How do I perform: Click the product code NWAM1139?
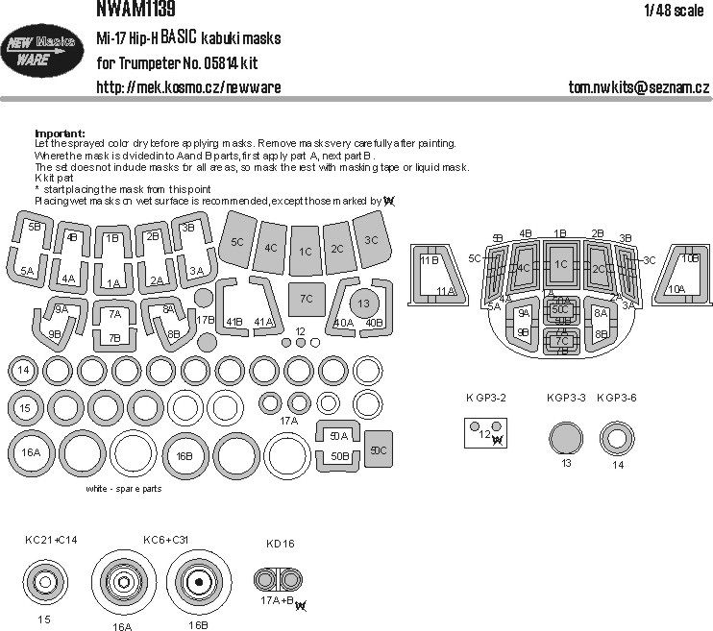point(135,9)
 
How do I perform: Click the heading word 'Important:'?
point(60,133)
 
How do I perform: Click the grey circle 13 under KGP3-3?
point(566,440)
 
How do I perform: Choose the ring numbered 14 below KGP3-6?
point(615,440)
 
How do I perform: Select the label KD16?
point(280,544)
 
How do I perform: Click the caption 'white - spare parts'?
point(122,488)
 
